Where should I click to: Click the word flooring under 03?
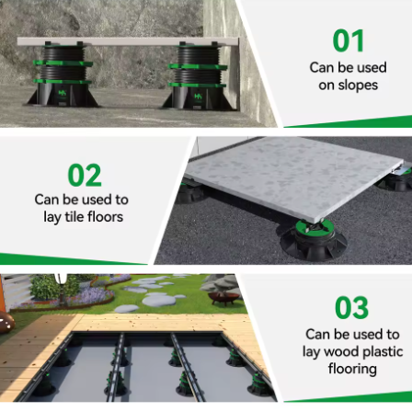coord(353,369)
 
